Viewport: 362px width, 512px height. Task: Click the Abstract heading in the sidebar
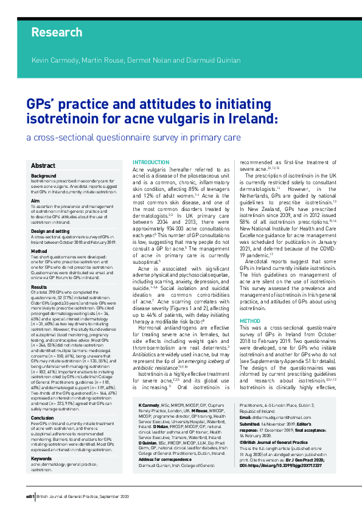[43, 165]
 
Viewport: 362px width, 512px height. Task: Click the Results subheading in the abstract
[39, 269]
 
